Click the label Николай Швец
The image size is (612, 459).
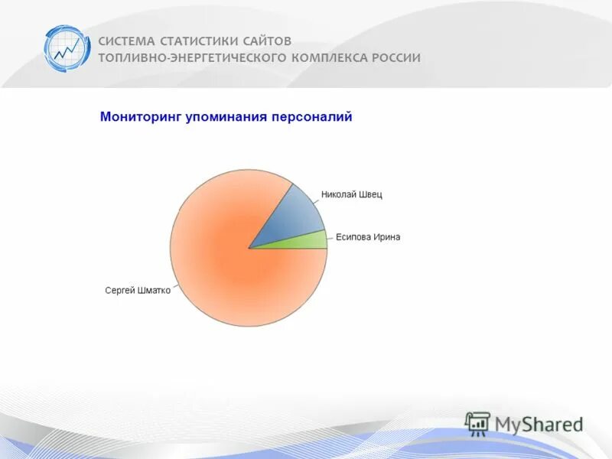coord(351,194)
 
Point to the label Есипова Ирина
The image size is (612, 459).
coord(367,237)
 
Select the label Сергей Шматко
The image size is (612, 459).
coord(137,291)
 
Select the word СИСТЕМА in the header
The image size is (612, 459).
coord(126,41)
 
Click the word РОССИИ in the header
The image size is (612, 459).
coord(396,58)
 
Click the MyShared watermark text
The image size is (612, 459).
coord(539,424)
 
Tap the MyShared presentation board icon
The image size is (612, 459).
coord(477,423)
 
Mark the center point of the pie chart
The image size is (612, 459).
coord(249,249)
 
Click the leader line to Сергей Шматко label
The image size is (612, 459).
coord(175,288)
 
